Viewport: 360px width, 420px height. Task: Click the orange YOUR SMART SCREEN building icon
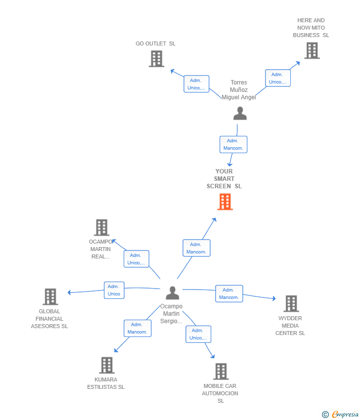225,202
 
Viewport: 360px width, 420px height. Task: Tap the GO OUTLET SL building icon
156,59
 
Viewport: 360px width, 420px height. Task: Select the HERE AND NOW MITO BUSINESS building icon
312,50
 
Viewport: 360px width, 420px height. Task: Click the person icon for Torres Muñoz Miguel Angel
240,114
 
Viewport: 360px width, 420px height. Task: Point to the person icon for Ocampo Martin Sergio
172,293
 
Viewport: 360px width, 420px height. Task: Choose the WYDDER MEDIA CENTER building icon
291,303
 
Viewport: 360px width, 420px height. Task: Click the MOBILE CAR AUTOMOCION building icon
221,371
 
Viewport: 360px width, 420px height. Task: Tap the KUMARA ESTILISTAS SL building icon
106,365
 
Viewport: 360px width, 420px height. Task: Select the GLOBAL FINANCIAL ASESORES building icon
50,297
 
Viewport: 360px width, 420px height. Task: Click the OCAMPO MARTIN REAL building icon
101,228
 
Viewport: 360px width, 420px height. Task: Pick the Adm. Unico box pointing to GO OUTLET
196,84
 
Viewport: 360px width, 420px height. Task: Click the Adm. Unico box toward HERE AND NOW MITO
278,78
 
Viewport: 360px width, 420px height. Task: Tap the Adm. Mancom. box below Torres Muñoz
233,144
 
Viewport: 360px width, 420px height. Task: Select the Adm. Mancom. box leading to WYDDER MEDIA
229,294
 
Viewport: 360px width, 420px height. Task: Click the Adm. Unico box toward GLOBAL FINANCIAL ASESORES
114,290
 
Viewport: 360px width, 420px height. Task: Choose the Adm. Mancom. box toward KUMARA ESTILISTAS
137,328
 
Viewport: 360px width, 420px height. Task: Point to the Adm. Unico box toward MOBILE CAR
198,334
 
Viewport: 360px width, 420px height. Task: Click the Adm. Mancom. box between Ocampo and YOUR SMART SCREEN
196,248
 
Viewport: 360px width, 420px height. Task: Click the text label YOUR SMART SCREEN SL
224,179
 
